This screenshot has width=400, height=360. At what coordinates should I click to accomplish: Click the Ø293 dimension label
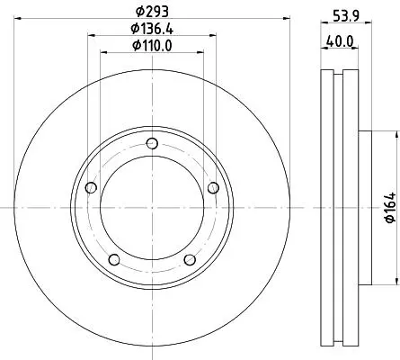152,12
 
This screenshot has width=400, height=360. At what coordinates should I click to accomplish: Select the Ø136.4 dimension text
152,29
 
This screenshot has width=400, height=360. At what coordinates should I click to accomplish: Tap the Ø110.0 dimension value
152,46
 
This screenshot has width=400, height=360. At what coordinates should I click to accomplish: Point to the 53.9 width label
346,15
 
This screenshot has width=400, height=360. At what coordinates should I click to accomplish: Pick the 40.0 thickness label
340,41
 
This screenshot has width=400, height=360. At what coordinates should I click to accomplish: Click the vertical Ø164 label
390,208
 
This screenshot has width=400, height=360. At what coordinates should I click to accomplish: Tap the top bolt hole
152,143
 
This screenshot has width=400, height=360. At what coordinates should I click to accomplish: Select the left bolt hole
91,188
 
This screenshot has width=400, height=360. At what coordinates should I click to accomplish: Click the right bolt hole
213,188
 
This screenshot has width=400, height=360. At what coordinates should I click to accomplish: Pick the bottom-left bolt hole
114,260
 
